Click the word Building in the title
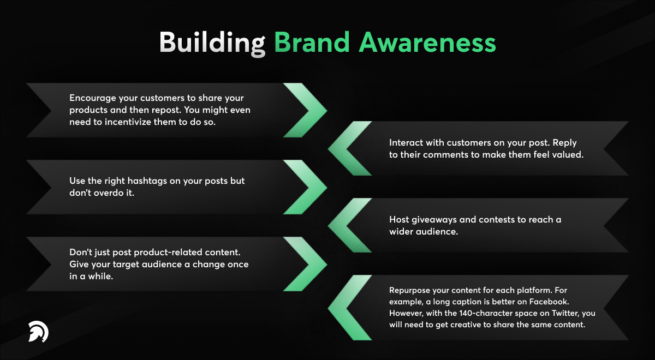pos(212,43)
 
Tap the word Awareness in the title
pos(427,43)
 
